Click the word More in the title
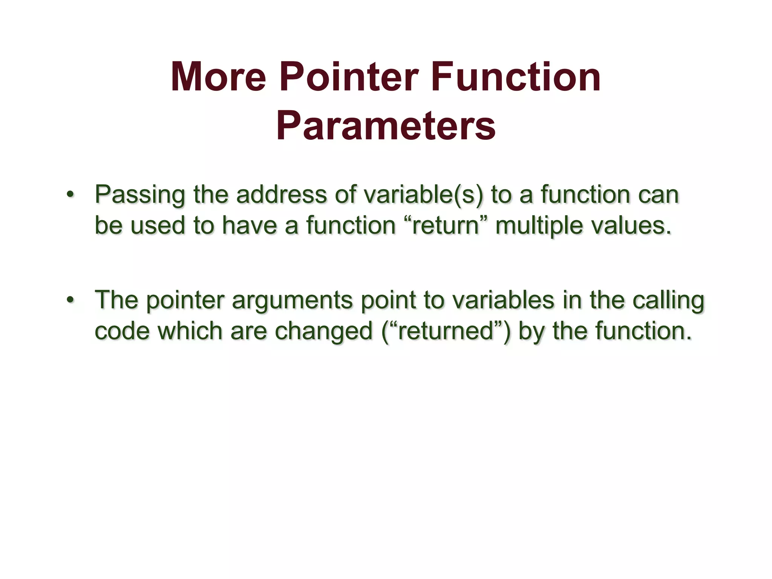tap(218, 77)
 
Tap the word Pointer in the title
tap(349, 77)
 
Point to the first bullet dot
tap(70, 195)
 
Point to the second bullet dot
tap(70, 300)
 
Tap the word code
tap(122, 331)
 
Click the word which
tap(190, 331)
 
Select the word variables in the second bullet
tap(503, 300)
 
